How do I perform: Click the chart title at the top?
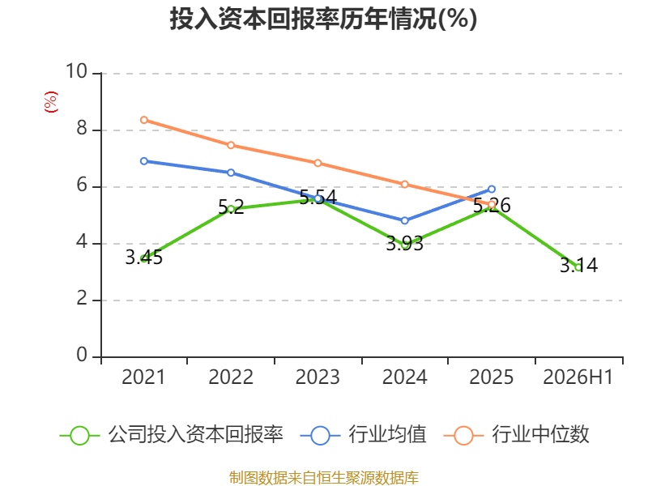click(323, 19)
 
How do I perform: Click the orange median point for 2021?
click(144, 120)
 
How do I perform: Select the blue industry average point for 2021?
click(144, 161)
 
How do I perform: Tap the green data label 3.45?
click(144, 258)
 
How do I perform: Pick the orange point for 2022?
click(231, 145)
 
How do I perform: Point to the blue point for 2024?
click(404, 220)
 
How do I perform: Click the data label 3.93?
click(404, 244)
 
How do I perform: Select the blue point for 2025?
click(492, 190)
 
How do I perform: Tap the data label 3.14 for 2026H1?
click(578, 266)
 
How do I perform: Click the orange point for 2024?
click(404, 185)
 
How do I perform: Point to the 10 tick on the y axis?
click(76, 71)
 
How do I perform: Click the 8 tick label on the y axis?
click(82, 129)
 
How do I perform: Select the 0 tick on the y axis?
click(82, 355)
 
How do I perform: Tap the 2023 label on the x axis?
click(318, 377)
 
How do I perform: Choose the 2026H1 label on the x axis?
click(578, 377)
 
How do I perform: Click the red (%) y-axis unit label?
click(51, 102)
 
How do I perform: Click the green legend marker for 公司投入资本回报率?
click(79, 436)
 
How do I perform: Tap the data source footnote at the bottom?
click(323, 478)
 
